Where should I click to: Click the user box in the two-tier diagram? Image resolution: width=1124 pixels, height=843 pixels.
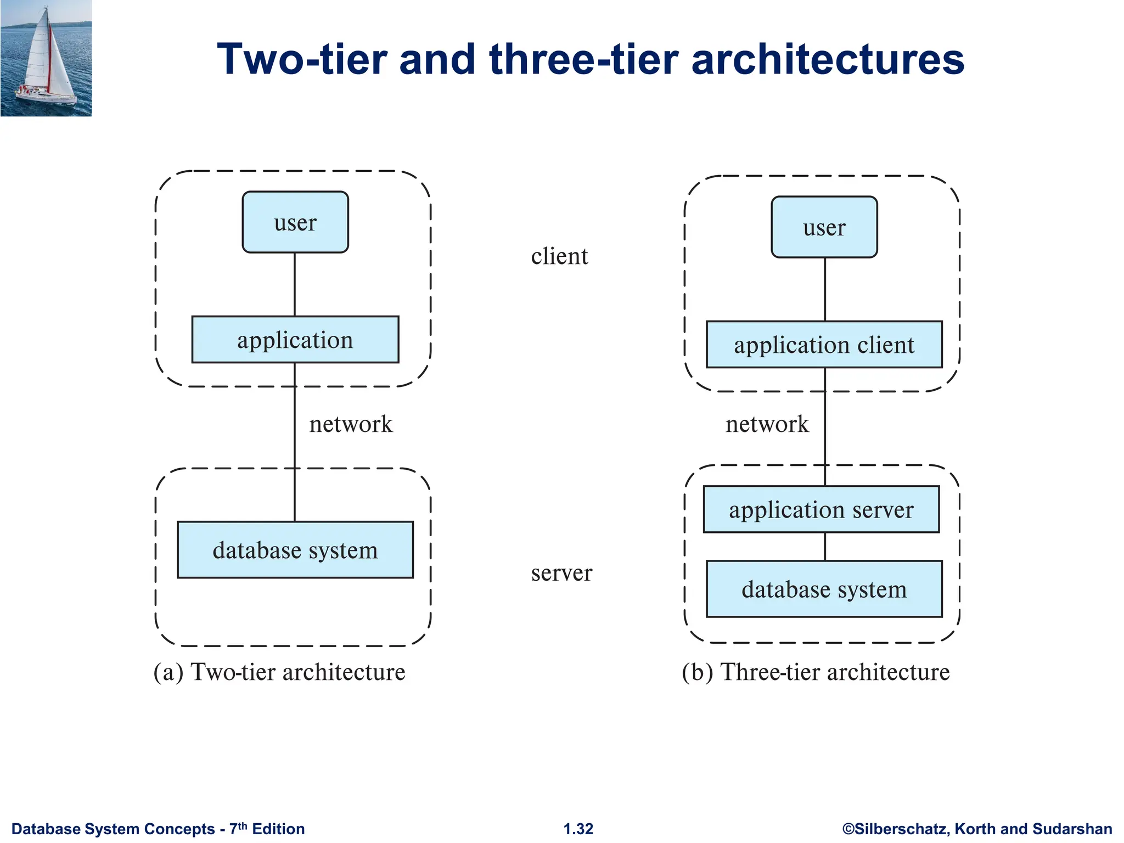pos(295,222)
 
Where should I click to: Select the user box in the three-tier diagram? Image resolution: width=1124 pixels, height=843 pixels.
pos(824,227)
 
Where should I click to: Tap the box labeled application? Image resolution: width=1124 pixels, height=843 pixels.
pos(295,340)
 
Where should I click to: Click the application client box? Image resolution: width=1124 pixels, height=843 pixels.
pos(824,345)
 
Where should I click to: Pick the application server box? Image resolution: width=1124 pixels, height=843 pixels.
pos(821,509)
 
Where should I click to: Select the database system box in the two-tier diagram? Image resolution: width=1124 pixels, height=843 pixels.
pos(295,550)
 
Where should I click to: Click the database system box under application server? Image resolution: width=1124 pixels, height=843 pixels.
pos(824,589)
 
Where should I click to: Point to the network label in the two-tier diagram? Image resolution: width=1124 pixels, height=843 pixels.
pos(351,424)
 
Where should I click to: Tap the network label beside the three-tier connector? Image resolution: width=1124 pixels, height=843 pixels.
pos(767,424)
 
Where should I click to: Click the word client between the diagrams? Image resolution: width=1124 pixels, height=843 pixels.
pos(559,256)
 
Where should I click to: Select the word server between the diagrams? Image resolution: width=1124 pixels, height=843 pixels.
pos(561,572)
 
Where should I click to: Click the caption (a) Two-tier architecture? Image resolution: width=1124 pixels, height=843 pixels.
pos(279,672)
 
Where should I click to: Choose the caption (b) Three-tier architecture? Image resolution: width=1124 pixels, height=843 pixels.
pos(816,672)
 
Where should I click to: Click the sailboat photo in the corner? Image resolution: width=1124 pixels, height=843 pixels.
pos(46,58)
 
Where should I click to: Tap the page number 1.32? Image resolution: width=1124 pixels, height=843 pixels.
pos(578,829)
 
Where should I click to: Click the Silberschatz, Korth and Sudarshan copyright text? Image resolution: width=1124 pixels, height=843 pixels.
pos(977,829)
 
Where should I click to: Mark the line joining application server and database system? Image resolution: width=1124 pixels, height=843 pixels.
pos(825,547)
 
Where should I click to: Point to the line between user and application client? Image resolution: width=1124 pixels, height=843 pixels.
pos(825,289)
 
